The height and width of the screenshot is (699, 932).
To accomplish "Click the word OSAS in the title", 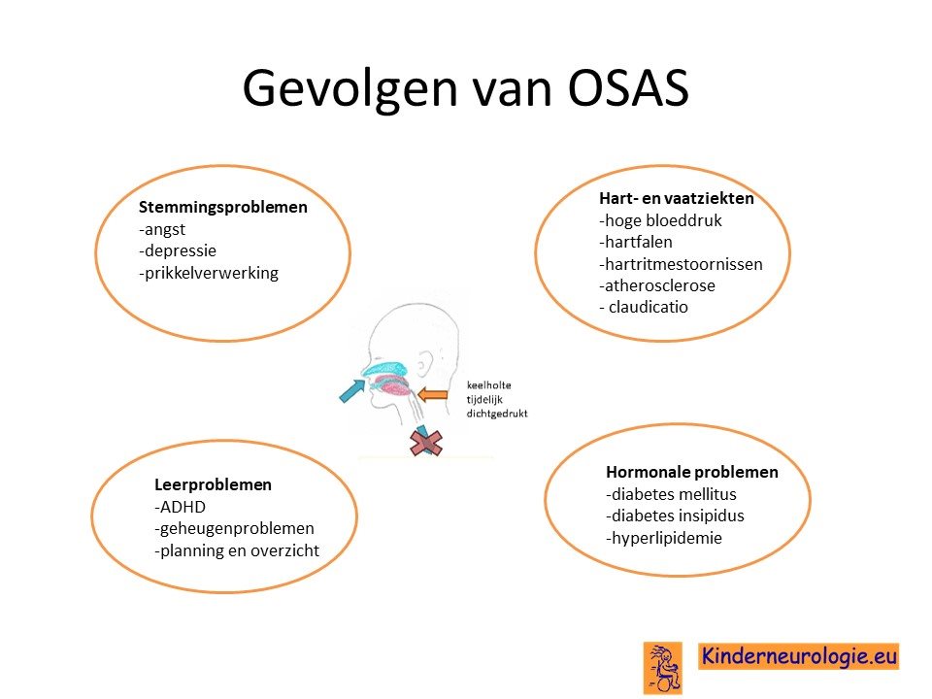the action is click(628, 87).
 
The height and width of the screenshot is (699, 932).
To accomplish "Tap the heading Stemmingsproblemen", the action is click(223, 208).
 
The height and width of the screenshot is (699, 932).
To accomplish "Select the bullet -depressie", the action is click(178, 250).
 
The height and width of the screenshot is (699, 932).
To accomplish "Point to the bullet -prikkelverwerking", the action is click(209, 273).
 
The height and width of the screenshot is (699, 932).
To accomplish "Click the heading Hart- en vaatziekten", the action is click(677, 198).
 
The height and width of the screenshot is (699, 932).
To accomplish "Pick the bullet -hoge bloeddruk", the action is click(660, 220).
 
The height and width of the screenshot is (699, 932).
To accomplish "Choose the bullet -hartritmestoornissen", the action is click(681, 264).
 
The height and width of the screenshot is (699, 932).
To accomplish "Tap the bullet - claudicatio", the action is click(644, 308).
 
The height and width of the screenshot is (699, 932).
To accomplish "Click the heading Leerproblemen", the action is click(213, 485).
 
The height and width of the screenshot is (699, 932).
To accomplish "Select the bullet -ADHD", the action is click(181, 507).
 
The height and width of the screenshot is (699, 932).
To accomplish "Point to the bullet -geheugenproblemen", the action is click(234, 528).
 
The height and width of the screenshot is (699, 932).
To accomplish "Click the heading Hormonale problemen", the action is click(692, 472).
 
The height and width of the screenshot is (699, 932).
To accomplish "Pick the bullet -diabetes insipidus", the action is click(676, 516).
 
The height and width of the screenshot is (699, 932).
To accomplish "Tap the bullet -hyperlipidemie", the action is click(664, 538).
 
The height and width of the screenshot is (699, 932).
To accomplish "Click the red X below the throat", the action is click(426, 444).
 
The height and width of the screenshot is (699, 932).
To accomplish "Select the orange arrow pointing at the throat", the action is click(433, 394).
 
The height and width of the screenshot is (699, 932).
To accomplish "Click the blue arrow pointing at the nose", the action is click(351, 391).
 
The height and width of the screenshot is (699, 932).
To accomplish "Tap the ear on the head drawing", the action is click(425, 364).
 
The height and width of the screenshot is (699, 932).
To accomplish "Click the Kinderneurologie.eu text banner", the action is click(798, 656).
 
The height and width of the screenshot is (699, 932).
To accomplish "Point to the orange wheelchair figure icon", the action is click(663, 668).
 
